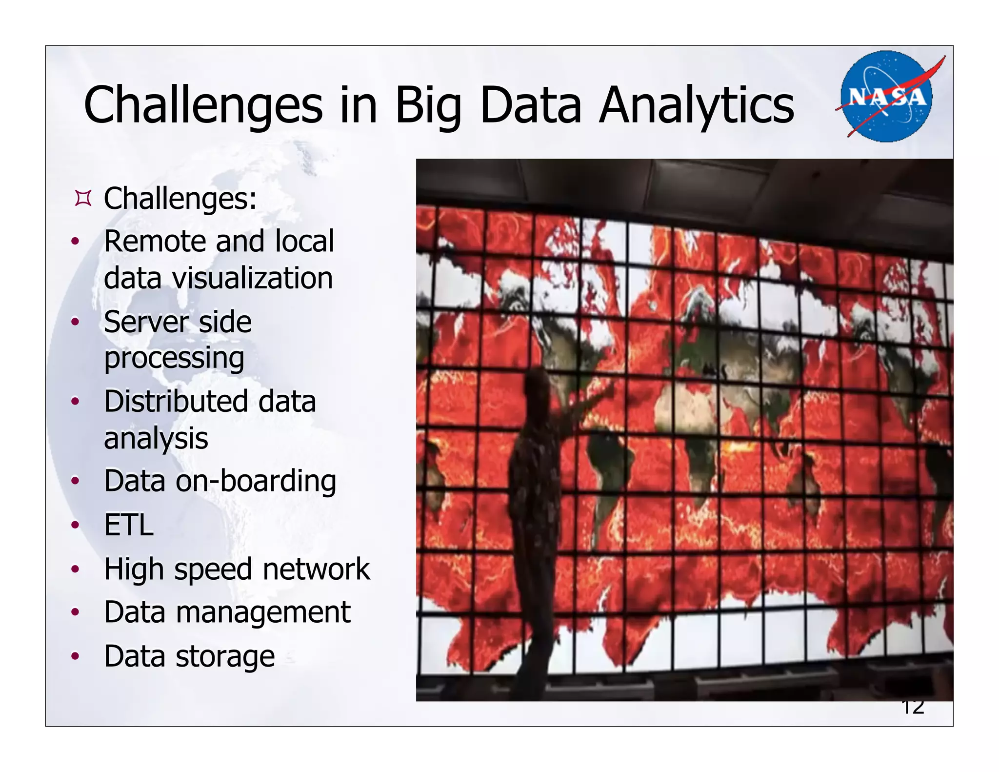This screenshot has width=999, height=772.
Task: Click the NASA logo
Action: click(x=886, y=97)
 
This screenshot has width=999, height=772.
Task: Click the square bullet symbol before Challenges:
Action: click(x=83, y=199)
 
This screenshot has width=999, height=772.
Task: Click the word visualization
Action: click(x=252, y=278)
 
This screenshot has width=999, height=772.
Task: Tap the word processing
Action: click(x=174, y=359)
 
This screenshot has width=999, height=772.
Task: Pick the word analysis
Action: click(x=156, y=438)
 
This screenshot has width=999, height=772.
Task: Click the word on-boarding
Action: click(x=256, y=482)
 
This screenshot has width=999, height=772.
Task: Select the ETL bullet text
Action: click(x=129, y=525)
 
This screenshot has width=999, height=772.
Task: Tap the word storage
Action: click(x=225, y=656)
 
